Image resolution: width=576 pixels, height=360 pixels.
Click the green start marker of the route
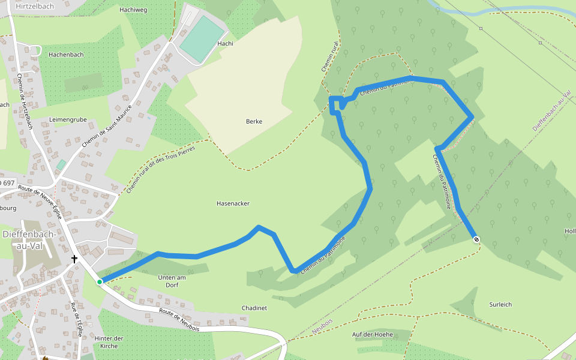pos(100,281)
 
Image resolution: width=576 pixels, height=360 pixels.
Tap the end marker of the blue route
pos(476,240)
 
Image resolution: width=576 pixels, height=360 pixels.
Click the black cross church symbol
pos(74,259)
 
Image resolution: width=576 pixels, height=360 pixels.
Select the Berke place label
pos(254,122)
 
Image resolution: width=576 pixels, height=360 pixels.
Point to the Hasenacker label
pos(233,204)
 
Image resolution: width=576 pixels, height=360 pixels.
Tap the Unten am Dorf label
pos(172,281)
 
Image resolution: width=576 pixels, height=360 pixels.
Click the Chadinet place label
pos(254,308)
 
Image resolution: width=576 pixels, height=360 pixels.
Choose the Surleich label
pos(500,305)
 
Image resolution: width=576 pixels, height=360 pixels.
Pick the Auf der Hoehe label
pos(373,334)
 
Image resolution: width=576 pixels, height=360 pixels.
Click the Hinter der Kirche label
pos(109,342)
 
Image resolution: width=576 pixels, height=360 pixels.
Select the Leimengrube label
pos(68,120)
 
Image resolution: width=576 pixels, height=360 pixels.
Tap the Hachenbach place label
pos(66,55)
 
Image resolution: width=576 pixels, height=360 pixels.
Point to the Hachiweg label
pos(133,10)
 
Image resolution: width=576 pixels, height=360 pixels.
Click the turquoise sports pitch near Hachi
pos(202,38)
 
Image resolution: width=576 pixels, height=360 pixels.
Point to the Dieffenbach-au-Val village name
pos(29,240)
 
